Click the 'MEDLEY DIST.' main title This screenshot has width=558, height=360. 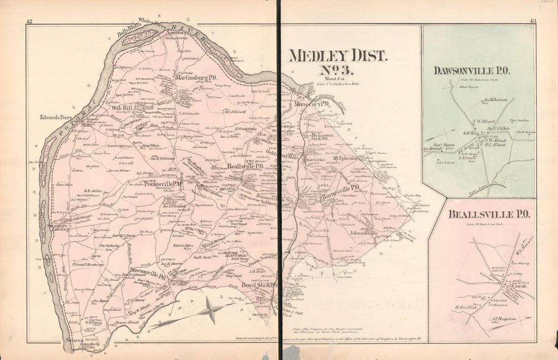coord(337,56)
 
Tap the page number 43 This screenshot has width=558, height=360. coord(532,21)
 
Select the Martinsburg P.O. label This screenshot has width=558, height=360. coord(195,78)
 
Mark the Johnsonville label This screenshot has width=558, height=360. coord(364,233)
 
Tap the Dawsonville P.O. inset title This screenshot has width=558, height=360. coord(471,70)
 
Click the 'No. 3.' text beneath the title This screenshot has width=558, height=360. coord(338,72)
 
